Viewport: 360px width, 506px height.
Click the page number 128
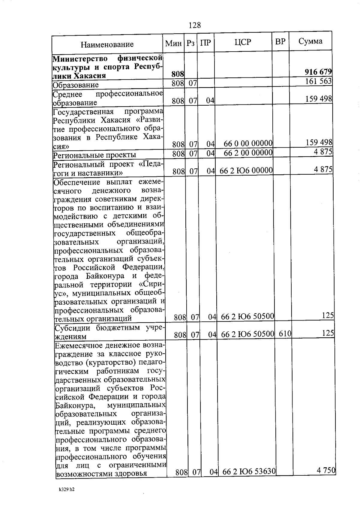point(195,25)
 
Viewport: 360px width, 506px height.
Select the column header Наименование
point(107,45)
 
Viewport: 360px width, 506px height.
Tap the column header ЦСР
point(243,42)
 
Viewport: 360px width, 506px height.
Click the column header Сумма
point(310,41)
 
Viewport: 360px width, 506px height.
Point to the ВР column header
point(280,42)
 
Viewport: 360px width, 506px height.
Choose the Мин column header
point(173,44)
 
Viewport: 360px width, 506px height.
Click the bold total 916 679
point(318,72)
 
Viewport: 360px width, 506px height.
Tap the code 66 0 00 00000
point(248,143)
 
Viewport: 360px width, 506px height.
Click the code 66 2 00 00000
point(248,153)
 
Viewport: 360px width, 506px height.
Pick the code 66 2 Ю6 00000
point(246,170)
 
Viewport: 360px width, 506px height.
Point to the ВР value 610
point(285,333)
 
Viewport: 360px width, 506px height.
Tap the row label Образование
point(76,85)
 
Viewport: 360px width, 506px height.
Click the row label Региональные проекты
point(94,155)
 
